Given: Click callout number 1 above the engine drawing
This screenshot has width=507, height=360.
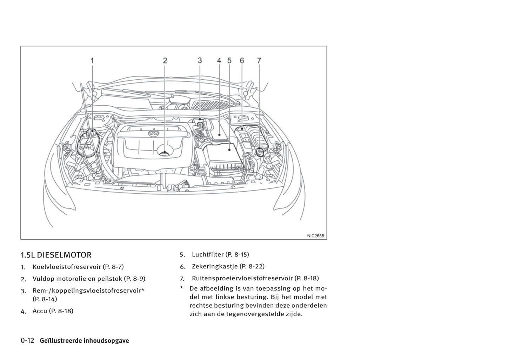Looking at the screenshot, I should click(x=92, y=61).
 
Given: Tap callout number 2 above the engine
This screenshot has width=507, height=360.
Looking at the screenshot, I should click(x=165, y=61).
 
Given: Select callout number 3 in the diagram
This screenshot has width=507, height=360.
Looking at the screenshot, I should click(x=200, y=60).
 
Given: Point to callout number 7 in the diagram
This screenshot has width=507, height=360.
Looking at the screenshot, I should click(x=259, y=61).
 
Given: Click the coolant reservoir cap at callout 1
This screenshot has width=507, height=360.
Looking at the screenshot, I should click(x=92, y=132).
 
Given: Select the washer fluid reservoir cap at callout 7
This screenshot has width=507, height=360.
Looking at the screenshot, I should click(x=260, y=152).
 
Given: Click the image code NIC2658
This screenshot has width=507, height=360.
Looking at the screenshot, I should click(x=315, y=236).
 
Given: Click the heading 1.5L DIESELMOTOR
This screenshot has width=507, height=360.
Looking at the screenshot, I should click(x=56, y=255).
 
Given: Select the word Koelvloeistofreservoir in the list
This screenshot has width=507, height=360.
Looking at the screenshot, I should click(x=67, y=267).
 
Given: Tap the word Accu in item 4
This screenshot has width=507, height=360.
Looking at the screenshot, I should click(x=40, y=311).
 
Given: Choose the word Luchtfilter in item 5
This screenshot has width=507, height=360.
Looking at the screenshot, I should click(x=207, y=254).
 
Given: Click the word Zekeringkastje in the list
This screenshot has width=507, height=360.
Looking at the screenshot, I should click(x=214, y=266).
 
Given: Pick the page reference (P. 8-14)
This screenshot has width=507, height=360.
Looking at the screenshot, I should click(x=45, y=299).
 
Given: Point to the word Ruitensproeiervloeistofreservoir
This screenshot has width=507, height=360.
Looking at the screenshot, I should click(x=242, y=278).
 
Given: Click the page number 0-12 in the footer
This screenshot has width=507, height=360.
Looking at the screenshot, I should click(x=27, y=341).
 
